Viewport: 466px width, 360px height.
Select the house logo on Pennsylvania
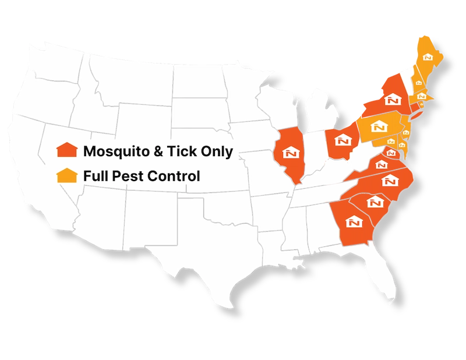[x=379, y=126]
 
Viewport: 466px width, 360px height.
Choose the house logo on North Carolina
[x=389, y=180]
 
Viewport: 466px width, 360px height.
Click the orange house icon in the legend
[x=67, y=150]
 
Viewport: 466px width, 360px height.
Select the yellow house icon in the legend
[x=67, y=175]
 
